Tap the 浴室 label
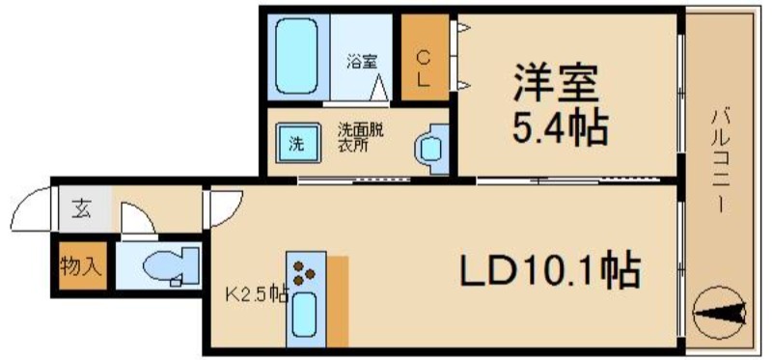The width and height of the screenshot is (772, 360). tap(362, 63)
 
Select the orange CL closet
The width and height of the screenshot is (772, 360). tap(424, 58)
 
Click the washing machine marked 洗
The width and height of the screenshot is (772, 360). tap(297, 146)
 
